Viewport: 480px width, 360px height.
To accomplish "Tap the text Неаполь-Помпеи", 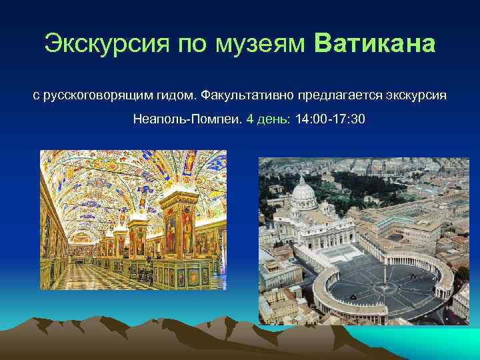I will [187, 120].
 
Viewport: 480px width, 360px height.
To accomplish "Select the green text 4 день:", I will [269, 120].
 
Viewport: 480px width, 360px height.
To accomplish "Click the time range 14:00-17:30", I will [329, 120].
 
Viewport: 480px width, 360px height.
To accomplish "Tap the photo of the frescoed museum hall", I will [133, 220].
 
